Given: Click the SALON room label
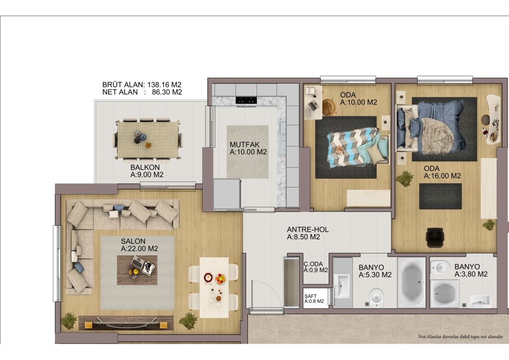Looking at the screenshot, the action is [x=133, y=241].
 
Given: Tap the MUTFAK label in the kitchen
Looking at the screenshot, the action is [x=245, y=145].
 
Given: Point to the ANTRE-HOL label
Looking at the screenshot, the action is [x=307, y=230].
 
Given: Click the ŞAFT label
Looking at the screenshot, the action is [x=311, y=296].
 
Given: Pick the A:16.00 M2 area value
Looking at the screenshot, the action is [x=442, y=176].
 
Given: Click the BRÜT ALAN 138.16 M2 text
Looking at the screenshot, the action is [x=142, y=85].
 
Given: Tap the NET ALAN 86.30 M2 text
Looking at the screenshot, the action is [x=142, y=92].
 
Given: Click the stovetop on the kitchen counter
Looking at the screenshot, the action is [x=247, y=100].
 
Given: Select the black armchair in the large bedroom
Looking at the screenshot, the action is [x=434, y=237].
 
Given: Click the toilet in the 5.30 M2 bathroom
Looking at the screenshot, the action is [x=376, y=297].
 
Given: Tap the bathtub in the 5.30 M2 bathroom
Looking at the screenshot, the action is [x=411, y=282].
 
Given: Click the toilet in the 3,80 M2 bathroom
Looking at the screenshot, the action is [x=440, y=268].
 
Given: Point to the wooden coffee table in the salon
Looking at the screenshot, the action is [x=137, y=270].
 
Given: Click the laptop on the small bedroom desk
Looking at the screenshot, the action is [x=314, y=105].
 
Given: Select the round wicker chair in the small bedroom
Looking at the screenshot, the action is [x=329, y=107].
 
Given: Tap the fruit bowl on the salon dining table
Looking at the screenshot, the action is [x=220, y=278].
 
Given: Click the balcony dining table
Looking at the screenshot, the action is [x=148, y=140].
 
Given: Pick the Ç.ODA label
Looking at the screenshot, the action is [x=313, y=264].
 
